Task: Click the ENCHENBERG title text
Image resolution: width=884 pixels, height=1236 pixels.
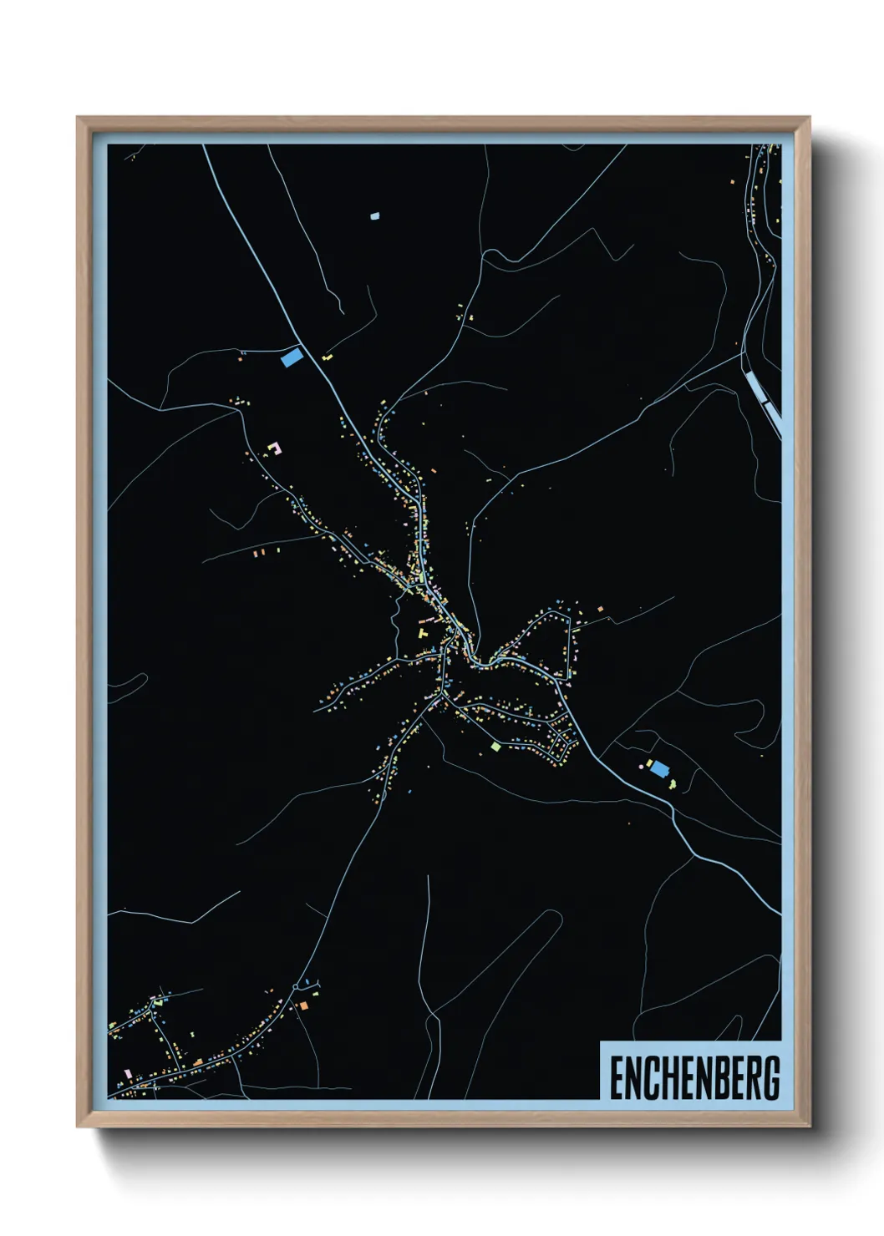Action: point(693,1077)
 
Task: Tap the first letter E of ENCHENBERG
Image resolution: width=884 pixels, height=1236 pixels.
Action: point(616,1077)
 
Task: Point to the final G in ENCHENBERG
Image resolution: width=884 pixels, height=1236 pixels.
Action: point(771,1077)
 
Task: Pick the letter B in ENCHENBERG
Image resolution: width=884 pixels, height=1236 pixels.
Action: point(724,1077)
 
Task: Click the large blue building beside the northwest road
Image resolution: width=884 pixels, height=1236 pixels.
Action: point(292,357)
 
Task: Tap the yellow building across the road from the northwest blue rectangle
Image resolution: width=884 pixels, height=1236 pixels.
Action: point(327,357)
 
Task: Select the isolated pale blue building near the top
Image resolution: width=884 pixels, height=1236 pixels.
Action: point(374,215)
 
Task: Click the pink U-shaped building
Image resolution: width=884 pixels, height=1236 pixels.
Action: point(273,448)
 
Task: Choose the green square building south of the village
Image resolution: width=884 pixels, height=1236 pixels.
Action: point(495,746)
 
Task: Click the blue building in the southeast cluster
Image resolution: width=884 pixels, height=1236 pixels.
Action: point(659,767)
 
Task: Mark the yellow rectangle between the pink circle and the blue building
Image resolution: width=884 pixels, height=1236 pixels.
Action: point(648,762)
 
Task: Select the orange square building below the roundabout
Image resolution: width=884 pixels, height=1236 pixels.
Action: point(303,1006)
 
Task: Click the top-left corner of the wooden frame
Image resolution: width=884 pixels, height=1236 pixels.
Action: point(78,118)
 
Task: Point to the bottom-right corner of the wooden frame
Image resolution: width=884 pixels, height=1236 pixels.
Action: point(809,1127)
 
